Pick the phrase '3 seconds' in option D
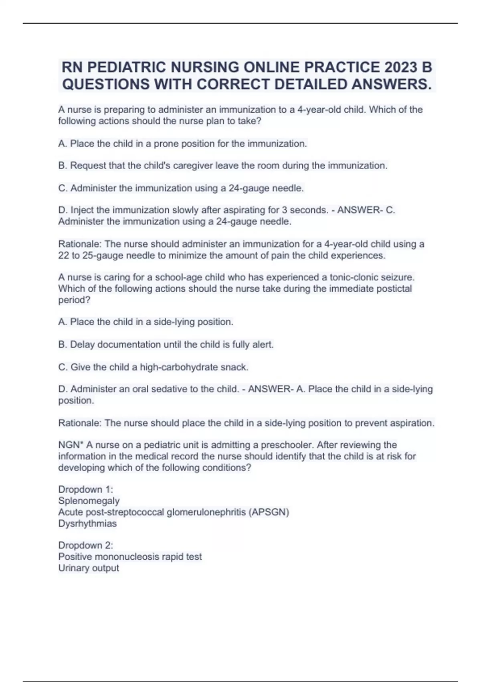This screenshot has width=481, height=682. [x=304, y=210]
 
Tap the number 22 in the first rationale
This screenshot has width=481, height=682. [x=64, y=256]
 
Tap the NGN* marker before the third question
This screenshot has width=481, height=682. [x=71, y=445]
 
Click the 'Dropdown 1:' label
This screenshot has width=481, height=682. [x=86, y=489]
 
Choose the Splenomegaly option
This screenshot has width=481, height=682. [x=89, y=501]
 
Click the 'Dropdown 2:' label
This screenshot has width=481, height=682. [x=86, y=545]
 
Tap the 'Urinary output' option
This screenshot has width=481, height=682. [x=89, y=568]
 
